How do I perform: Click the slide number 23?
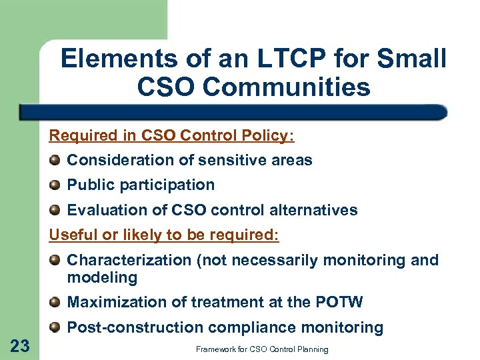pyautogui.click(x=20, y=345)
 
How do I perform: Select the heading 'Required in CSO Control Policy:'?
pyautogui.click(x=171, y=136)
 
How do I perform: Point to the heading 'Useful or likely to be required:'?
pyautogui.click(x=164, y=235)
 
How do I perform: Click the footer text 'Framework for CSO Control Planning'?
pyautogui.click(x=261, y=349)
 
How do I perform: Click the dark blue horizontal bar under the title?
pyautogui.click(x=233, y=111)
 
